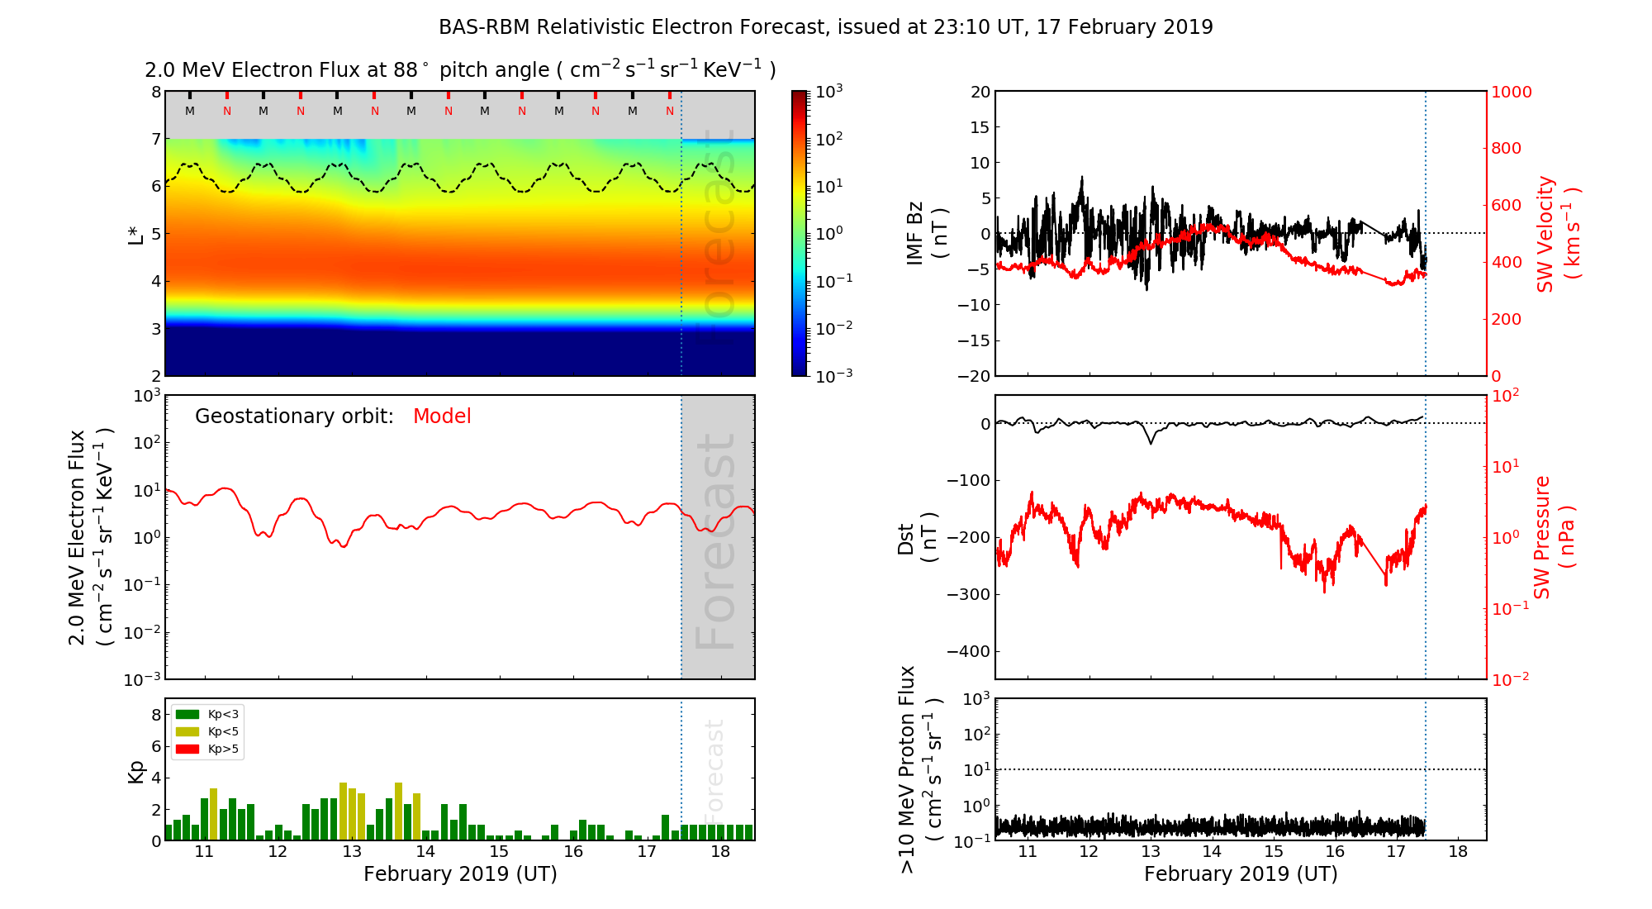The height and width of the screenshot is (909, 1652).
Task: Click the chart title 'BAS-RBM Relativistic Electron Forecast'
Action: (x=631, y=27)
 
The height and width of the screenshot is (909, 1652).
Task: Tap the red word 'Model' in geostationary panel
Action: (x=442, y=416)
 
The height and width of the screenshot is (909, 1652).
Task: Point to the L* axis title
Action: (x=136, y=234)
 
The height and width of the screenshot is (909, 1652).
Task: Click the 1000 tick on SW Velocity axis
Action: (x=1511, y=92)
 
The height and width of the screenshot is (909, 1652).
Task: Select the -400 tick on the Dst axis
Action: (x=969, y=651)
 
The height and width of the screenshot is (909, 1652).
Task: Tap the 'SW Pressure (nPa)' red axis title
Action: (x=1553, y=537)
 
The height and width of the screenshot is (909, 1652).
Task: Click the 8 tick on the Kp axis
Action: (x=156, y=715)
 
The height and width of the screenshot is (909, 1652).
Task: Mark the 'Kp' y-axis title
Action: (x=136, y=771)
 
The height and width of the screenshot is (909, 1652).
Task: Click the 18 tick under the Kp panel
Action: (x=720, y=852)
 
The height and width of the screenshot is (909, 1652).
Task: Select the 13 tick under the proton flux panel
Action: (x=1150, y=852)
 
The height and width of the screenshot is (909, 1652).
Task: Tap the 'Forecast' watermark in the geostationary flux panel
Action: (x=715, y=541)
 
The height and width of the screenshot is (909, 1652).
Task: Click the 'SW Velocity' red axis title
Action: (x=1556, y=234)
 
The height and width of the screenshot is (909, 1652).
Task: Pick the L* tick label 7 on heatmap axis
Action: (x=156, y=140)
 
